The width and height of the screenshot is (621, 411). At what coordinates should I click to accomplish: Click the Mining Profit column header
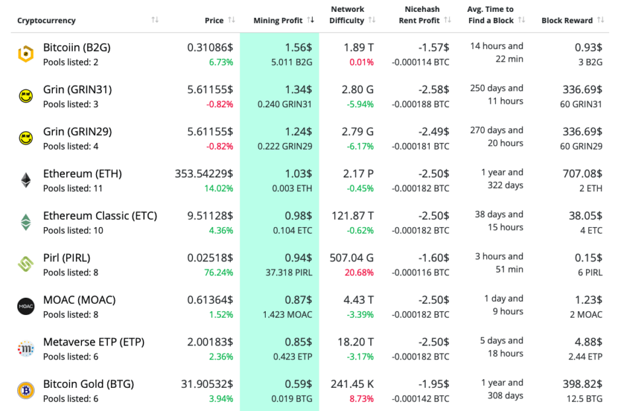(x=278, y=21)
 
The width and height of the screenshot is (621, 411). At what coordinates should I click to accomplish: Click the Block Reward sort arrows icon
(x=600, y=21)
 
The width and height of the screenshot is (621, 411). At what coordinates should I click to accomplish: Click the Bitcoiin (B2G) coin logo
(x=26, y=54)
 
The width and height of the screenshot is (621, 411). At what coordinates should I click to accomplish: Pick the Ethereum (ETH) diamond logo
(x=26, y=180)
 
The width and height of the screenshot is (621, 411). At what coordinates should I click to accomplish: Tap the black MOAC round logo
(x=26, y=306)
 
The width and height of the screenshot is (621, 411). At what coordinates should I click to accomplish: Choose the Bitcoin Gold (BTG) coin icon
(x=26, y=390)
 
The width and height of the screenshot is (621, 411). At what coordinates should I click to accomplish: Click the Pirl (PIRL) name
(x=67, y=258)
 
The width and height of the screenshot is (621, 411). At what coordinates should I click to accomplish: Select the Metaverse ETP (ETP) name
(x=94, y=342)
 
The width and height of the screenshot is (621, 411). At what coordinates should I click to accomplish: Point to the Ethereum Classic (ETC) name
(x=101, y=216)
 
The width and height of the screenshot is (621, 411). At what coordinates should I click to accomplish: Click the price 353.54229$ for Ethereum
(x=204, y=174)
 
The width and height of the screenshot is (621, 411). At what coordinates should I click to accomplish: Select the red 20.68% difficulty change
(x=358, y=273)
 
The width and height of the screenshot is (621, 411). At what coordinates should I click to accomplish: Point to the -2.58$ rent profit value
(x=434, y=89)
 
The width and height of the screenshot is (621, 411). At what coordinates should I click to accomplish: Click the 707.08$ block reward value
(x=583, y=174)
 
